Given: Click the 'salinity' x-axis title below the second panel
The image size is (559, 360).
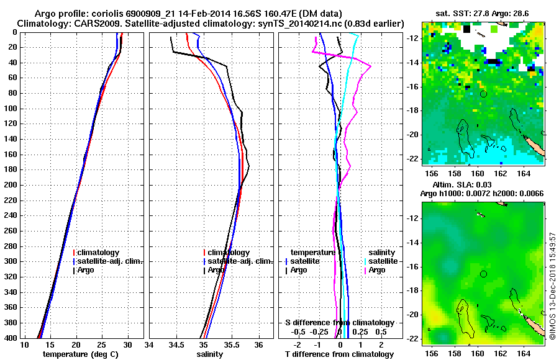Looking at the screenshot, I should pos(210,354).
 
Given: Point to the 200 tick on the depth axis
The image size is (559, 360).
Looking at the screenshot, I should pos(12,185).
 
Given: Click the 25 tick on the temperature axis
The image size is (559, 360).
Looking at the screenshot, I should pos(102,345).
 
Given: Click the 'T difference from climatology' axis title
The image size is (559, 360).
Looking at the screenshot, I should pos(339,354).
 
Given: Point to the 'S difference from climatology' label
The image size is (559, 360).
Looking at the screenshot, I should pos(339,323).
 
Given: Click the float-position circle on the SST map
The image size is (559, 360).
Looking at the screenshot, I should pos(484,93).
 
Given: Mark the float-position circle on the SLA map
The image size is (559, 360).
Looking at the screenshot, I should pos(484,274).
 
